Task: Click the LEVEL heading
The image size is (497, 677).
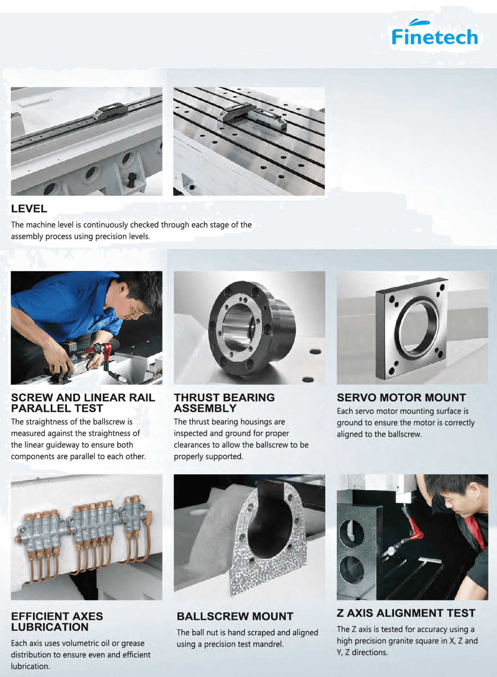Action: click(29, 208)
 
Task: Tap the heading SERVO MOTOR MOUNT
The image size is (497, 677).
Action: click(401, 397)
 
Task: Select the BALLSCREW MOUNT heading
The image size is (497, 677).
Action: click(235, 616)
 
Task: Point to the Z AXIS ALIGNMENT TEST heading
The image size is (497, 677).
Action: click(406, 613)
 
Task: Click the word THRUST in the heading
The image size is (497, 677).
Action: click(196, 397)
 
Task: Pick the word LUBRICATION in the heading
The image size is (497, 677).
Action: click(50, 627)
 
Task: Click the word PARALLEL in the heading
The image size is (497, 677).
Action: click(35, 408)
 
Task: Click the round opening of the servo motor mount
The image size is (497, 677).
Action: click(417, 326)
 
